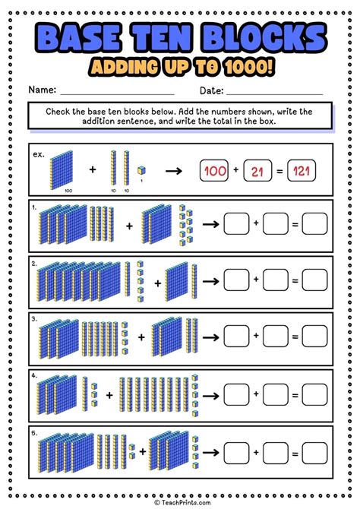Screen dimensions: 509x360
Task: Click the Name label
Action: coord(43,90)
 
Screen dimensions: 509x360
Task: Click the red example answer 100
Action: coord(215,172)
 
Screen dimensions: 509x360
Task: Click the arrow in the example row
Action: coord(174,172)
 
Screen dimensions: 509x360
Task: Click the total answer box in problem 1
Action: coord(314,223)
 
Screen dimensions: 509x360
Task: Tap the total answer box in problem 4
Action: coord(314,394)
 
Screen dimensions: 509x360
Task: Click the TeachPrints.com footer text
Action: coord(180,502)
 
